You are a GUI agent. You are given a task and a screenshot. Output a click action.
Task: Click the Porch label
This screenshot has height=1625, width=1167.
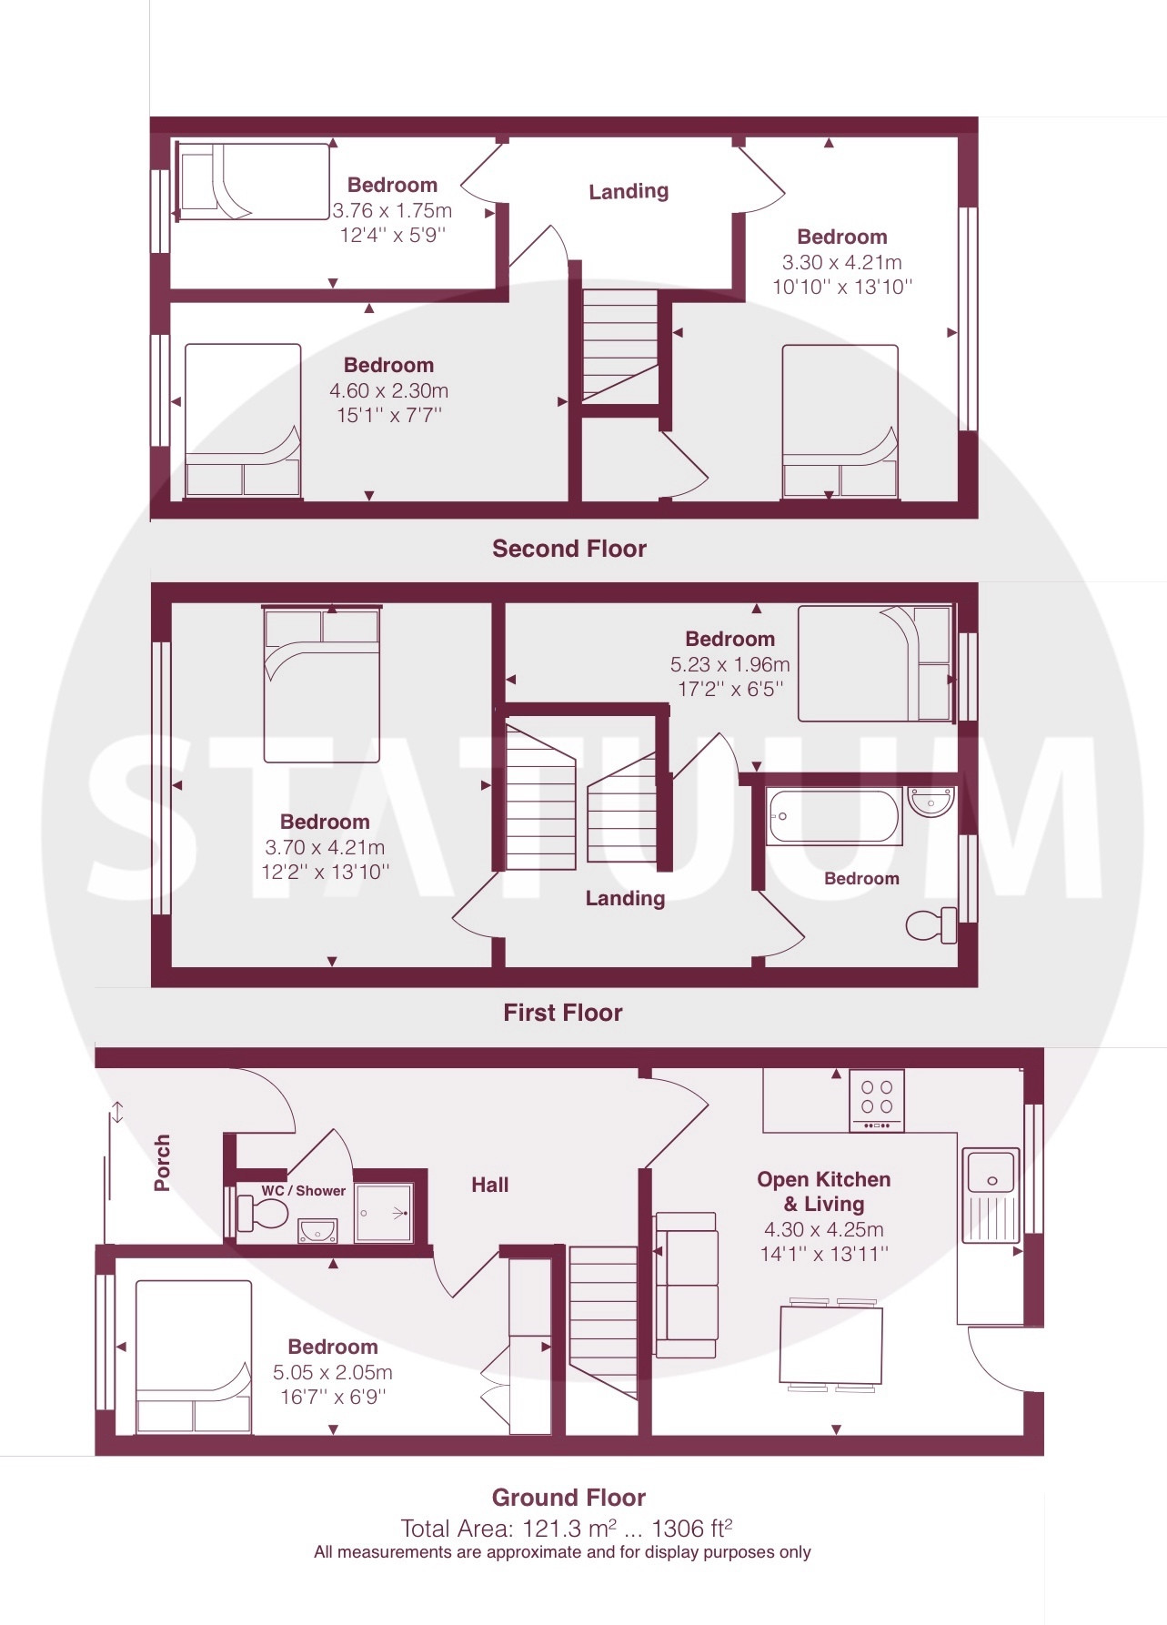(x=162, y=1162)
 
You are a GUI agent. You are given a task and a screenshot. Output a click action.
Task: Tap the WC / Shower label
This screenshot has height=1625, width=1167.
(x=303, y=1190)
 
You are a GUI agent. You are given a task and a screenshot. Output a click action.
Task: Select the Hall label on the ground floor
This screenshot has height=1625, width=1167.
(x=489, y=1185)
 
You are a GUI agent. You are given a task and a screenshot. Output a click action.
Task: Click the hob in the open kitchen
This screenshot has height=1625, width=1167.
(x=877, y=1101)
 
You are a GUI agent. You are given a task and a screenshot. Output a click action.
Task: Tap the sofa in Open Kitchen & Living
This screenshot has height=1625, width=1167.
(x=686, y=1285)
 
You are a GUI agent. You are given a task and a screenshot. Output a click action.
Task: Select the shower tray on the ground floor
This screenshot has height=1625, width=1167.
(x=384, y=1212)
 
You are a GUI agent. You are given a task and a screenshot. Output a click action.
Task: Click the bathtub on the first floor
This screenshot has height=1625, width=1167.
(x=833, y=816)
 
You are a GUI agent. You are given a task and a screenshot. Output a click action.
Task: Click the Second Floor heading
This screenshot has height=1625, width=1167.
(x=569, y=549)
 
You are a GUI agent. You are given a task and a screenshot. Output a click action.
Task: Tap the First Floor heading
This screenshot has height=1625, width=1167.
(x=563, y=1013)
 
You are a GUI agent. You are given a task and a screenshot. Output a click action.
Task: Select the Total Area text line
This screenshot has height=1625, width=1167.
(x=567, y=1528)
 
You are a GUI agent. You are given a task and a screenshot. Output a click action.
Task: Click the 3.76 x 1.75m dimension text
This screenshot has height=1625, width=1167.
(x=392, y=210)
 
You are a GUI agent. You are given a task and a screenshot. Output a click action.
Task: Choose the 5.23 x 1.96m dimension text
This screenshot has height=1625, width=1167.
(x=730, y=664)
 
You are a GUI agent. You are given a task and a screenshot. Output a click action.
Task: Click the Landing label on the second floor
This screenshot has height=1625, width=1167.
(x=629, y=191)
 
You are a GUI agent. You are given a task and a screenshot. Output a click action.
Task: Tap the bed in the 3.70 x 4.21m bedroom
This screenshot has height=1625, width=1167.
(x=322, y=683)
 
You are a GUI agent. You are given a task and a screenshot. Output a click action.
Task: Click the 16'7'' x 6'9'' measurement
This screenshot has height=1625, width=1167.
(x=333, y=1397)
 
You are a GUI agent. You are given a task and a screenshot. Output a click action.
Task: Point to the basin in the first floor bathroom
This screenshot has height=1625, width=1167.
(x=931, y=802)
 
